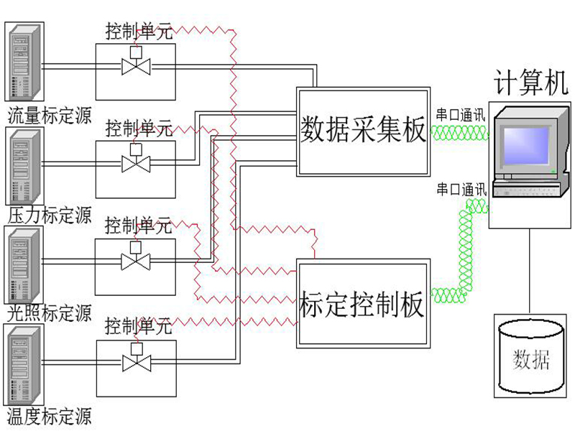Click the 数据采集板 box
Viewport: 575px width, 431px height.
pyautogui.click(x=363, y=131)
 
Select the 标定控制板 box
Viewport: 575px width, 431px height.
pyautogui.click(x=363, y=304)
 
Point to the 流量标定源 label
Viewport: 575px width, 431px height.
pyautogui.click(x=50, y=116)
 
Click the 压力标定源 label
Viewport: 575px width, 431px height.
pyautogui.click(x=50, y=215)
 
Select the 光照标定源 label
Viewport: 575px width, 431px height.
pyautogui.click(x=50, y=313)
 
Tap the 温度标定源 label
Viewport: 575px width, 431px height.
pyautogui.click(x=50, y=416)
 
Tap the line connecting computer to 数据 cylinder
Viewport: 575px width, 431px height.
pyautogui.click(x=530, y=269)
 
